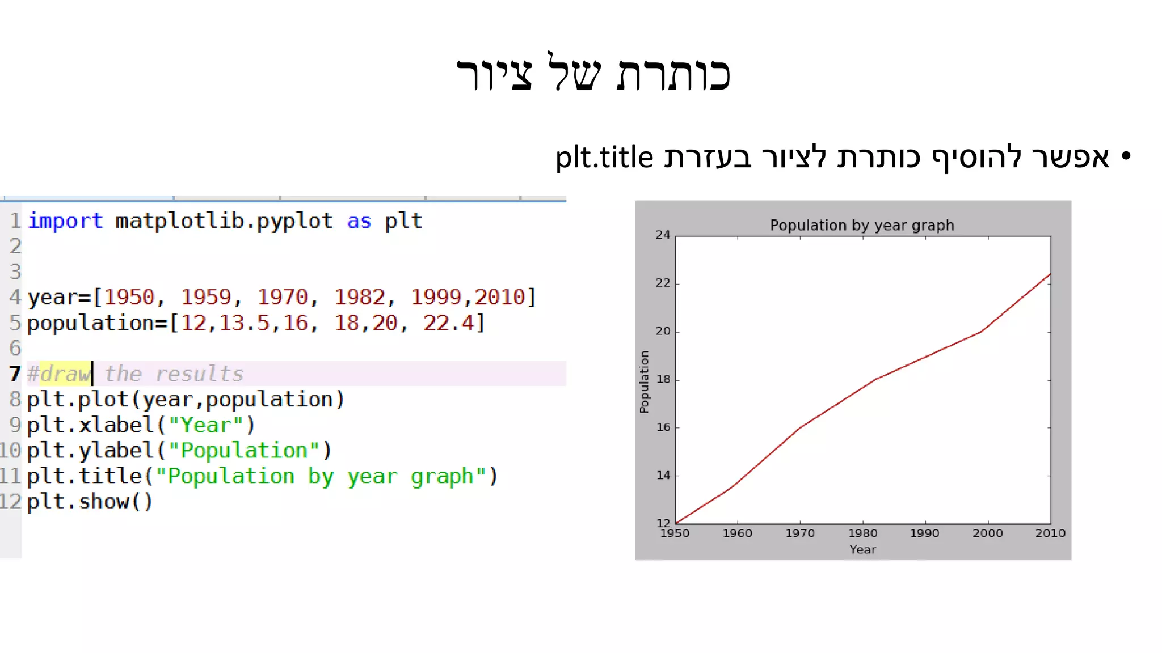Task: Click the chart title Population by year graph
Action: click(x=861, y=226)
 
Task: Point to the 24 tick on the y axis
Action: click(x=663, y=235)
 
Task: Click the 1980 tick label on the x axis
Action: click(x=862, y=533)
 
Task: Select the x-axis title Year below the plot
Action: click(x=862, y=549)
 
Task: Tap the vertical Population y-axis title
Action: click(x=644, y=381)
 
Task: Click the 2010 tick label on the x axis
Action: click(x=1050, y=533)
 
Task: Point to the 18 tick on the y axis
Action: click(x=663, y=379)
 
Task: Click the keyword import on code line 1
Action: click(x=65, y=221)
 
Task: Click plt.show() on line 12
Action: click(x=90, y=502)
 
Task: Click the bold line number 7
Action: click(x=15, y=374)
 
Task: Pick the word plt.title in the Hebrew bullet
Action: click(x=604, y=158)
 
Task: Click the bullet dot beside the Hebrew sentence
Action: click(x=1126, y=155)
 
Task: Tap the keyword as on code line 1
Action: click(x=359, y=221)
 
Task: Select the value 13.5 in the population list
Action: click(x=245, y=323)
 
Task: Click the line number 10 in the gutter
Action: click(x=11, y=451)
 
